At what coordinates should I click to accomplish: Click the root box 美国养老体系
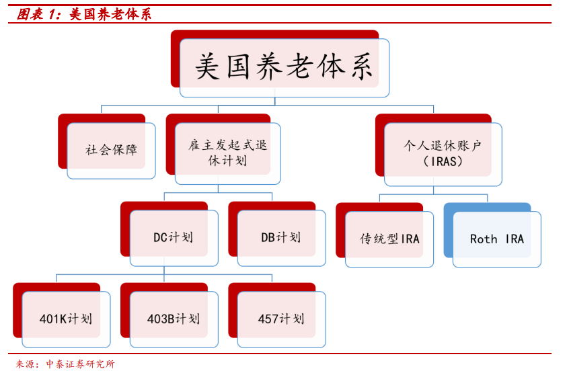coord(280,64)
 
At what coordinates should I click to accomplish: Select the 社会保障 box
coord(107,147)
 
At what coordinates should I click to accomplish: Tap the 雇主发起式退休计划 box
coord(223,149)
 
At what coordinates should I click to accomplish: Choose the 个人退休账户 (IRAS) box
coord(439,150)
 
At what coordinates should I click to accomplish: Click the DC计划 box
coord(169,234)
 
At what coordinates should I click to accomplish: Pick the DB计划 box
coord(277,234)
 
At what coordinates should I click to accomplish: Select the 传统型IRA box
coord(385,235)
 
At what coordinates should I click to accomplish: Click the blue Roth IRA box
coord(492,235)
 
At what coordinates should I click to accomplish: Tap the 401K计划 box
coord(62,315)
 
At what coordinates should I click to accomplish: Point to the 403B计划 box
coord(169,315)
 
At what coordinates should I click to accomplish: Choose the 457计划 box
coord(277,315)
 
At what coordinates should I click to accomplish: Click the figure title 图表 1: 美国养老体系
coord(84,14)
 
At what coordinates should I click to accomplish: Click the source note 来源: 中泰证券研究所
coord(65,364)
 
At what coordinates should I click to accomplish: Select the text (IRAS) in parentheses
coord(443,161)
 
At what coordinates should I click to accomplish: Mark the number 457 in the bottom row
coord(268,319)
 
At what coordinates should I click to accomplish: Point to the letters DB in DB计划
coord(268,237)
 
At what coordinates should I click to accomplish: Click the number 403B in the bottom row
coord(161,319)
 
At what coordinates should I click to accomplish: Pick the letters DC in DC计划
coord(161,237)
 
